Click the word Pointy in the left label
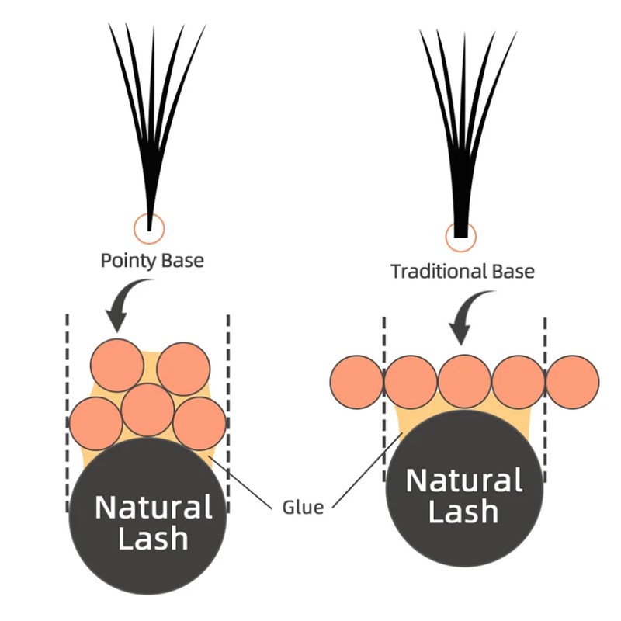(126, 262)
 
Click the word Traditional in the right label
(439, 272)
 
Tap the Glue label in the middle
(303, 508)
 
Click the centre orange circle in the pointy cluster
(147, 410)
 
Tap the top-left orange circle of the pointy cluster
(117, 366)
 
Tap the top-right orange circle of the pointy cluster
(183, 369)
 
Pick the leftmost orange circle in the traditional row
(357, 382)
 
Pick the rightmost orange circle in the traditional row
(573, 382)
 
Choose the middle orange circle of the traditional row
(464, 382)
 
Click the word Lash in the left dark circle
(153, 539)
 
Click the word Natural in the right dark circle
(463, 480)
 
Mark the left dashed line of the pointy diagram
(68, 414)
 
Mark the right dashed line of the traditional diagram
(545, 400)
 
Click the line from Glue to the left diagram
(241, 482)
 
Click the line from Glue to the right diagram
(367, 470)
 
